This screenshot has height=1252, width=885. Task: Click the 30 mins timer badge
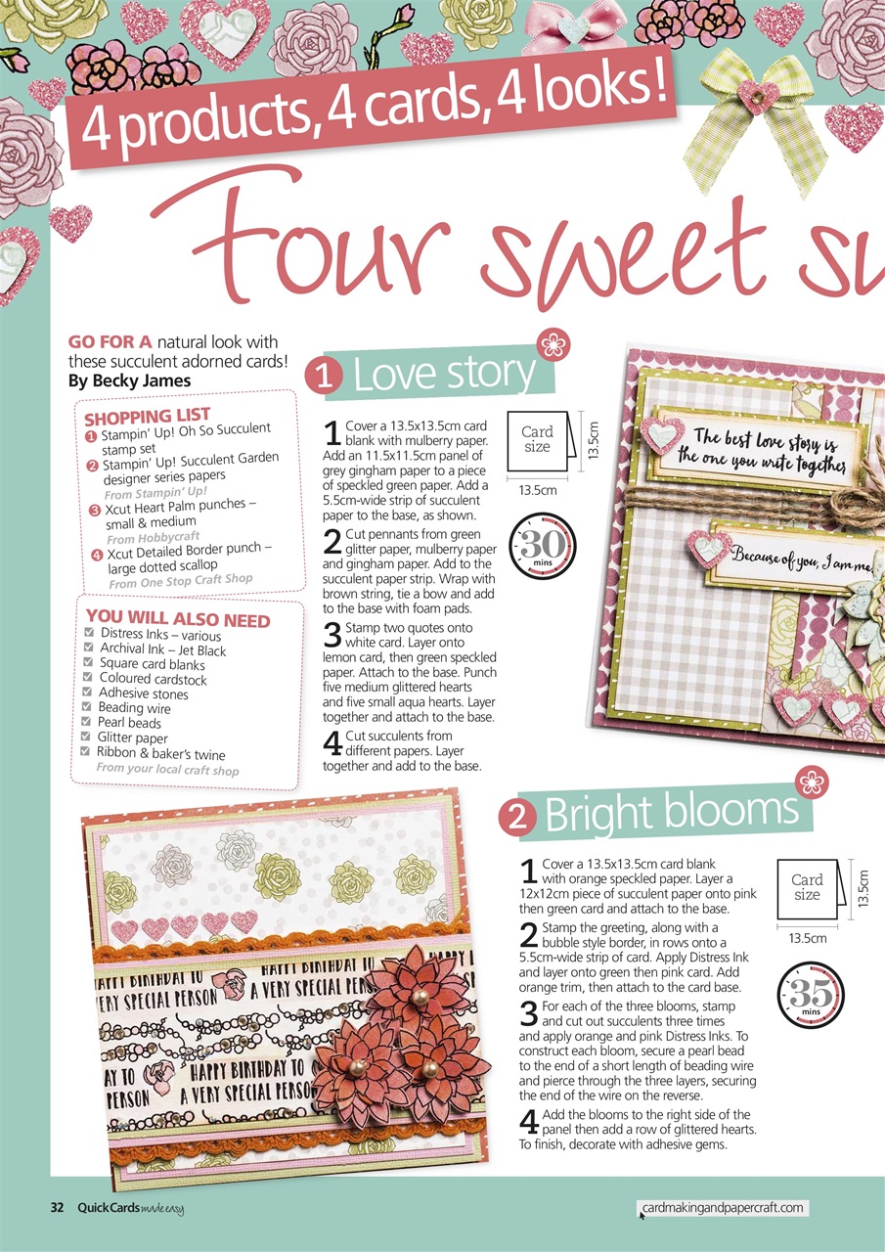point(543,546)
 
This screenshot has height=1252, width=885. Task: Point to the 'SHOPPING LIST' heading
point(147,417)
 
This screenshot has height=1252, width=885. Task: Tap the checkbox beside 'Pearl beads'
point(86,721)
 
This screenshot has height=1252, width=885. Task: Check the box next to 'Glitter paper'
point(85,736)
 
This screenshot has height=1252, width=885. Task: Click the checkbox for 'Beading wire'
point(87,706)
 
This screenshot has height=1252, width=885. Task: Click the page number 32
point(57,1207)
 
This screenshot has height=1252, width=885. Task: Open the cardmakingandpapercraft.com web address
point(723,1207)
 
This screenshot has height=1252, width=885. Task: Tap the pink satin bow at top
point(573,29)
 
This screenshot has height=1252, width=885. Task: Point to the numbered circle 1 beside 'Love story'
point(324,377)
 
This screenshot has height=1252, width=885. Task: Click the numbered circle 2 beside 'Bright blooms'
point(516,818)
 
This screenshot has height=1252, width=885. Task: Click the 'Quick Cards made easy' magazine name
point(131,1208)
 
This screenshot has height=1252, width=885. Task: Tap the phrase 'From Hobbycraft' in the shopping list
point(153,538)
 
